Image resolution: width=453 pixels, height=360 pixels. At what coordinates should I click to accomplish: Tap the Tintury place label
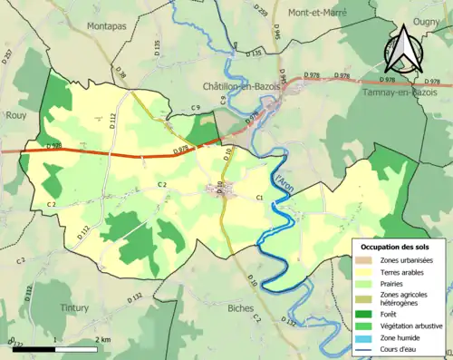pos(75,307)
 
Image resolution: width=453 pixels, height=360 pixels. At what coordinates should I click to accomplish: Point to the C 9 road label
pos(196,110)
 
